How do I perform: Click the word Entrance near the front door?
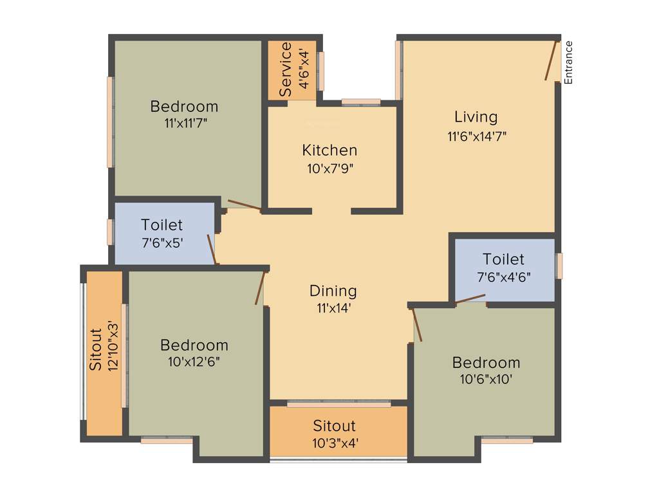coord(568,62)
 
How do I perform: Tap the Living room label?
coord(476,117)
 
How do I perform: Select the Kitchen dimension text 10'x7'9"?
coord(329,169)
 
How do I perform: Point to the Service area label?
coord(286,69)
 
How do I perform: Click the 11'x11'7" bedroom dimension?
coord(185,123)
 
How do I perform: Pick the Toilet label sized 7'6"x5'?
coord(162,225)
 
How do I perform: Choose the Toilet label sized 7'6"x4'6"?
coord(503,259)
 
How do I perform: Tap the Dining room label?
coord(333,291)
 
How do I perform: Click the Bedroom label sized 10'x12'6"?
coord(194,345)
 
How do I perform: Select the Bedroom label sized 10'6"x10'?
coord(486,362)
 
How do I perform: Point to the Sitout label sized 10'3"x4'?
coord(335,426)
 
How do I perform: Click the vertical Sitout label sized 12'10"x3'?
coord(95,349)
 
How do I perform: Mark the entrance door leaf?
coord(550,60)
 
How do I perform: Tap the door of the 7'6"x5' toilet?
coord(211,249)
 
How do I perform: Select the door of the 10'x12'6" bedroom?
coord(260,288)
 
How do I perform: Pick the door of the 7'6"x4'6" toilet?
coord(470,298)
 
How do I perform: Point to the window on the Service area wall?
coord(320,70)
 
